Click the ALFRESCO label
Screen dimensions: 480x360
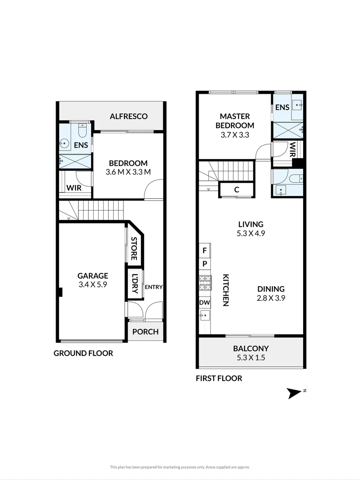(x=129, y=116)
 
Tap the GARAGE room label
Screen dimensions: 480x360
(x=93, y=276)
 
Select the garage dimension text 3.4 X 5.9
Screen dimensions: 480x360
(x=93, y=285)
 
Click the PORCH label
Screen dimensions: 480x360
(x=145, y=332)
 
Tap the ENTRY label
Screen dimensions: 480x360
(x=153, y=287)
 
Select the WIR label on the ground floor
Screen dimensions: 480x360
(x=74, y=188)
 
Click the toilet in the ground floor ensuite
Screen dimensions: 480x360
(x=82, y=131)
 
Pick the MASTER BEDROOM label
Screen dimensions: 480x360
(x=235, y=120)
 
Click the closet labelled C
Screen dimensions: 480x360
(x=236, y=190)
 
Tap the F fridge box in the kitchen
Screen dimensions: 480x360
(x=204, y=251)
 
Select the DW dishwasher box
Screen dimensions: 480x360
(x=204, y=303)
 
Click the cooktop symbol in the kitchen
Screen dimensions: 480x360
(x=204, y=283)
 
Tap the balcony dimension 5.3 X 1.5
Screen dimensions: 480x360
(x=251, y=358)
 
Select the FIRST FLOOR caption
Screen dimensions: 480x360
(x=219, y=379)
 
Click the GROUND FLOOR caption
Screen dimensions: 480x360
(x=83, y=353)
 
